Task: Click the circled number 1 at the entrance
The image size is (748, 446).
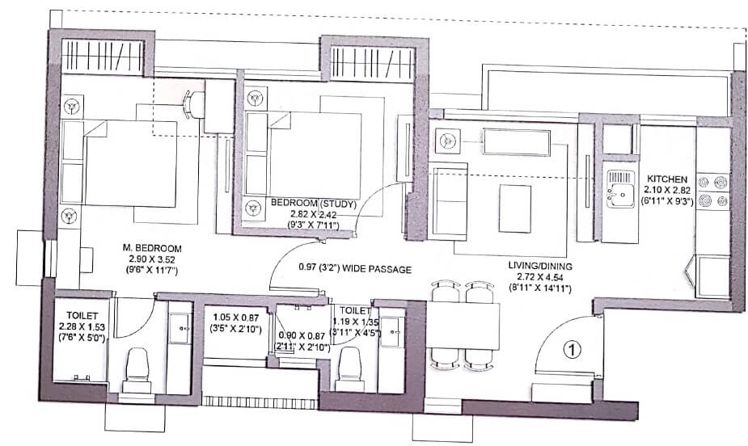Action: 572,350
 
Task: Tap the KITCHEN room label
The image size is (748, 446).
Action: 666,179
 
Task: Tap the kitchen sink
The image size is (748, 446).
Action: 619,192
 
